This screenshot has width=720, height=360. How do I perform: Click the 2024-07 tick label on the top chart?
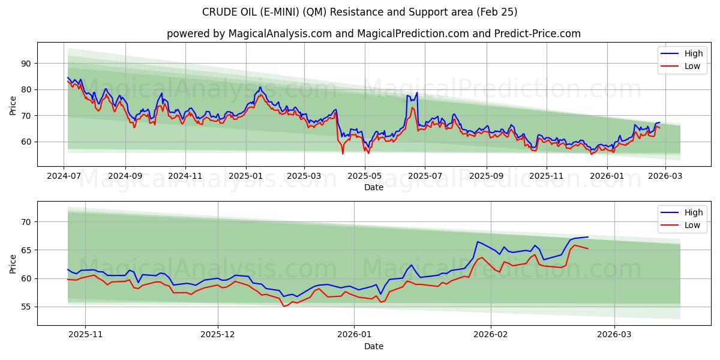64,176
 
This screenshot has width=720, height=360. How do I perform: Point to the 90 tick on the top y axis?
26,64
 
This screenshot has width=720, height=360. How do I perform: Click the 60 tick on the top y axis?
26,142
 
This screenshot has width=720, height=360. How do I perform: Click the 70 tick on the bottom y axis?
26,222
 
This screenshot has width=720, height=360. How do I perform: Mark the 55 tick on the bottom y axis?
26,307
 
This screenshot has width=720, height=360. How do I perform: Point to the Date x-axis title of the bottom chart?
373,346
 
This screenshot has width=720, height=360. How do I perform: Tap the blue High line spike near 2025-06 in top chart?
416,93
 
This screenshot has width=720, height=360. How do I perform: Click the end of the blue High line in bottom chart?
588,237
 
